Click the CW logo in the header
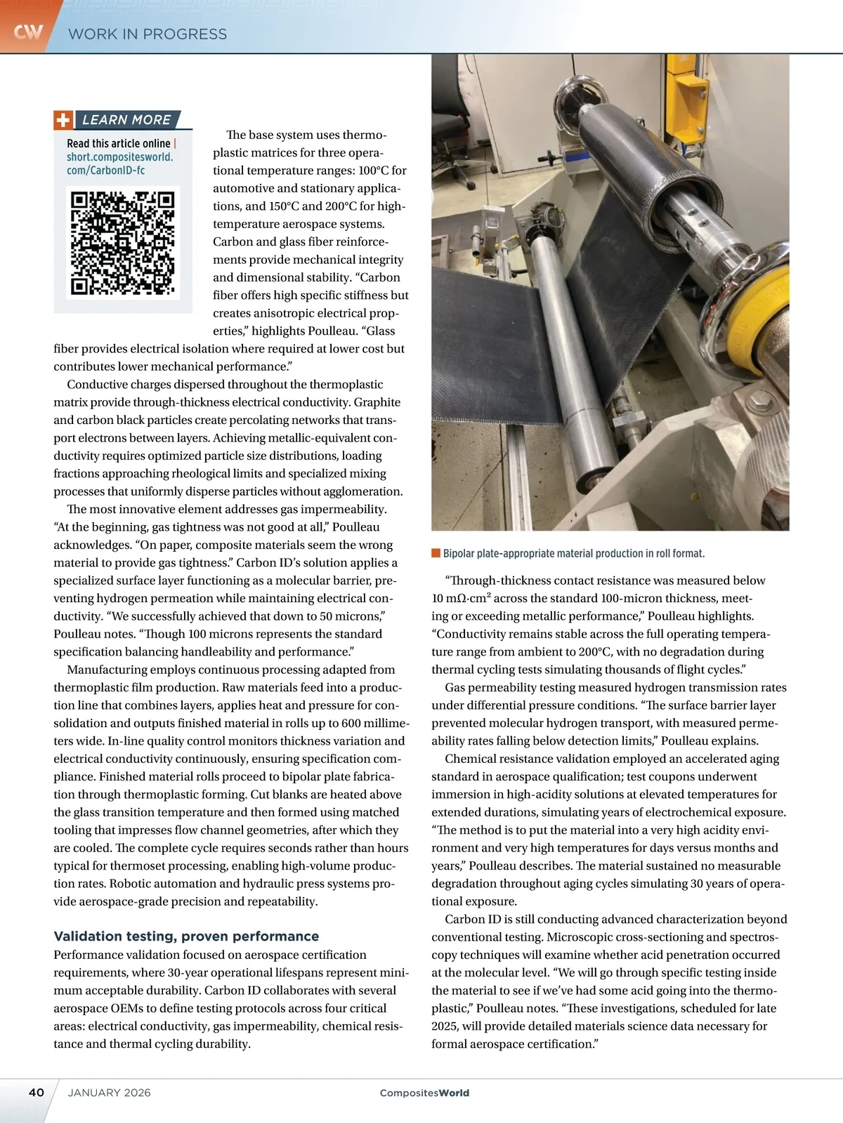pyautogui.click(x=28, y=32)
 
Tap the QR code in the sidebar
pyautogui.click(x=123, y=242)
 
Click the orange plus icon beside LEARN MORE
pyautogui.click(x=63, y=120)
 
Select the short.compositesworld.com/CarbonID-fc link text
pyautogui.click(x=119, y=164)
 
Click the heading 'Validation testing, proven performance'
pyautogui.click(x=186, y=936)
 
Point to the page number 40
pyautogui.click(x=37, y=1092)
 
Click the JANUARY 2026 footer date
pyautogui.click(x=109, y=1092)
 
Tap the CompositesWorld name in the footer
pyautogui.click(x=424, y=1093)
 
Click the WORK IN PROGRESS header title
pyautogui.click(x=148, y=34)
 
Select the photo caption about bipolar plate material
pyautogui.click(x=573, y=554)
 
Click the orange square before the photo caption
pyautogui.click(x=436, y=553)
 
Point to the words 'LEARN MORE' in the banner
pyautogui.click(x=126, y=120)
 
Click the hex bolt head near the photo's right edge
pyautogui.click(x=757, y=404)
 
